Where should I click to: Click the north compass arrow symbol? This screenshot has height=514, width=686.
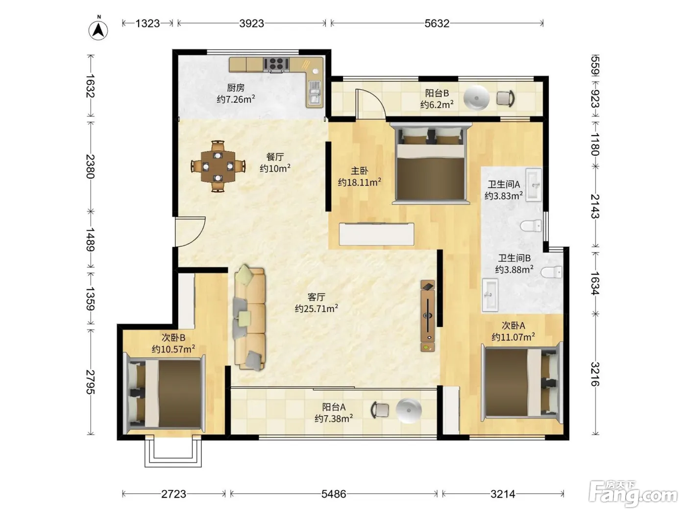pos(98,30)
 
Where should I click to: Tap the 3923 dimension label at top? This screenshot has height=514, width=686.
pos(251,23)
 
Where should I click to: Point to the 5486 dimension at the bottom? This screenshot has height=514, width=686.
pos(334,494)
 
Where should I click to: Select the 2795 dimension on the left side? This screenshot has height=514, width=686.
pos(91,382)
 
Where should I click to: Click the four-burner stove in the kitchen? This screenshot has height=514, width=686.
pos(276,64)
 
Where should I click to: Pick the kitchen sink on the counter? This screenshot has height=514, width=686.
pos(315,92)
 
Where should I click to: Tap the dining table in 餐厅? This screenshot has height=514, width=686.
pos(218,166)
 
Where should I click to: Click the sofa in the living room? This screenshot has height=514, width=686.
pos(249,318)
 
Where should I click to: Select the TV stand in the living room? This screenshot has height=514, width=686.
pos(428,316)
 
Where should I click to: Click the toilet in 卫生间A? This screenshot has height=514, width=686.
pos(531,226)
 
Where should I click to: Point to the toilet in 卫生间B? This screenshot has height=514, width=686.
pos(551,272)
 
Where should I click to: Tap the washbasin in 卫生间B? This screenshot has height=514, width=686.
pos(490,295)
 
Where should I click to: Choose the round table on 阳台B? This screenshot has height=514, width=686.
pos(476,98)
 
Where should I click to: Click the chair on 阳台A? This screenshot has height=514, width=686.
pos(380,410)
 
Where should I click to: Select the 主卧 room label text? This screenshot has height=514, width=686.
pos(359,171)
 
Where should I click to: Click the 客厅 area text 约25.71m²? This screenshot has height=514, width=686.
pos(316,308)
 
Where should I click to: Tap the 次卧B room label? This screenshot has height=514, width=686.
pos(173,337)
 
